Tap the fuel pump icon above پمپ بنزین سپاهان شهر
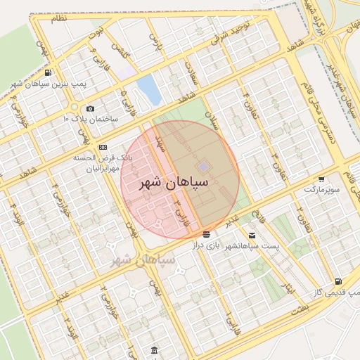point(47,72)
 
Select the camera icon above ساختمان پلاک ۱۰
point(90,108)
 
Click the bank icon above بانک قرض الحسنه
point(103,147)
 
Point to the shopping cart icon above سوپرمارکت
point(321,179)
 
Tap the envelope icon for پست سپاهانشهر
point(252,235)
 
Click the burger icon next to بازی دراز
point(206,234)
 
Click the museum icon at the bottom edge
point(154,351)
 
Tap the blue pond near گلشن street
point(149,89)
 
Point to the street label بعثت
point(300,308)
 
